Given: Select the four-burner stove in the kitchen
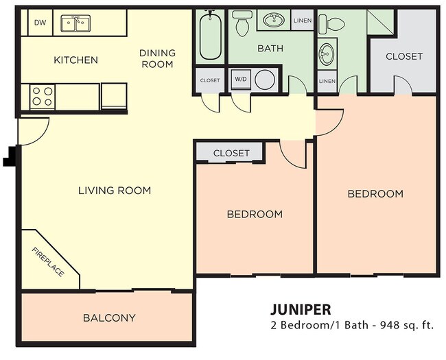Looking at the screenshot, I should click(x=41, y=95).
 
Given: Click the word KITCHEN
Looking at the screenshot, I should click(x=75, y=60).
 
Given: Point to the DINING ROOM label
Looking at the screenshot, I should click(x=157, y=58).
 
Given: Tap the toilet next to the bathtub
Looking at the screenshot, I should click(x=242, y=24).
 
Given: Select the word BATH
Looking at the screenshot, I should click(x=266, y=49).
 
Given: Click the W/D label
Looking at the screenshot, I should click(x=241, y=80).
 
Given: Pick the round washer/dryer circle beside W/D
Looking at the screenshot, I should click(x=265, y=80).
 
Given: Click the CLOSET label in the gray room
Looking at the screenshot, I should click(x=403, y=56).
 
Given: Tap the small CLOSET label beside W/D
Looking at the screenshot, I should click(x=209, y=80).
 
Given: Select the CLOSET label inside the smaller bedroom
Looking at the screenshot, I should click(x=231, y=153).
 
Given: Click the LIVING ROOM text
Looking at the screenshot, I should click(x=114, y=190).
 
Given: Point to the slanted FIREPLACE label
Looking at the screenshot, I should click(x=48, y=262).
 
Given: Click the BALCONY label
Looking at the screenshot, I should click(x=109, y=317).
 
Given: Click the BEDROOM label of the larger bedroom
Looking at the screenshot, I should click(x=375, y=193).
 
